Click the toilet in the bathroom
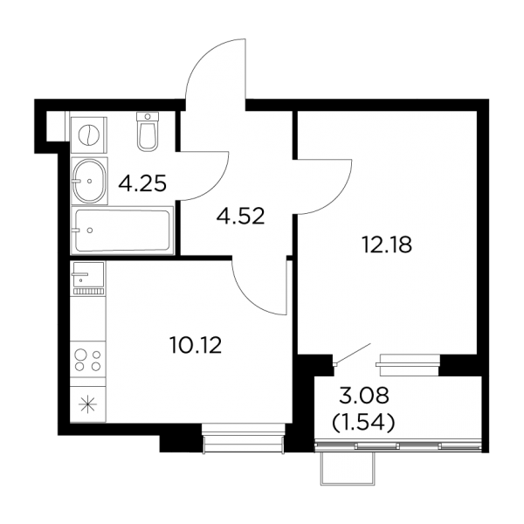148,131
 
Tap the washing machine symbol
89,135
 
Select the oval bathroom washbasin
89,181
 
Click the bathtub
122,231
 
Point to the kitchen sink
88,278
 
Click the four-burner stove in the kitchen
88,360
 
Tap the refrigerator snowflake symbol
87,404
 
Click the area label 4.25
142,183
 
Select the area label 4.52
241,216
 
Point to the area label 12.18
387,245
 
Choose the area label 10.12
196,345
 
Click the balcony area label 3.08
364,396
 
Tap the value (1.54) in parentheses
363,422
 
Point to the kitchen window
244,438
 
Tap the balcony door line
354,353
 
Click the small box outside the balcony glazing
348,468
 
